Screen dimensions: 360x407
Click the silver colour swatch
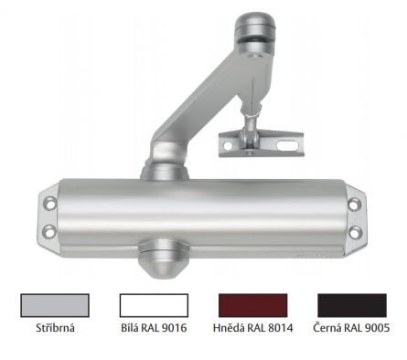[54, 304]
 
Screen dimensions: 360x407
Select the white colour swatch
[154, 304]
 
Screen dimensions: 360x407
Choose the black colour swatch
[352, 304]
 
